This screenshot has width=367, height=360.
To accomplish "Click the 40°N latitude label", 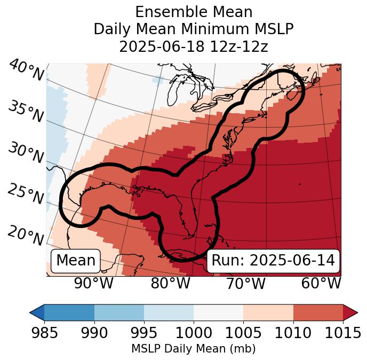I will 26,71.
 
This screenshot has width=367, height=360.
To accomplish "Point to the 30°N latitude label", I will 26,153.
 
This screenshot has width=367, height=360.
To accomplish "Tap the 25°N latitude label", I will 26,194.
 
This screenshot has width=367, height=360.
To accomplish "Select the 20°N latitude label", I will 26,235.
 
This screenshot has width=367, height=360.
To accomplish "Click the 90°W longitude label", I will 94,283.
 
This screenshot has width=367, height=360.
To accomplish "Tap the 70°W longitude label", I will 245,283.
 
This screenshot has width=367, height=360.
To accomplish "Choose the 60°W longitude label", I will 321,283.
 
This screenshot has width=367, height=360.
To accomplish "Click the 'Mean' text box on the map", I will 76,261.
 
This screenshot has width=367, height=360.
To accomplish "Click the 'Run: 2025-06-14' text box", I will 273,261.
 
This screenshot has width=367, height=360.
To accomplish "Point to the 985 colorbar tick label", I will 44,333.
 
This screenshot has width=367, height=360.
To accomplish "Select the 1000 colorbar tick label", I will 194,333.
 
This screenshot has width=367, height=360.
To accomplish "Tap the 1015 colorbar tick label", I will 342,333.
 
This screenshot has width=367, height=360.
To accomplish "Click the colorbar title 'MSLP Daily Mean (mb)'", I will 194,349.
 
